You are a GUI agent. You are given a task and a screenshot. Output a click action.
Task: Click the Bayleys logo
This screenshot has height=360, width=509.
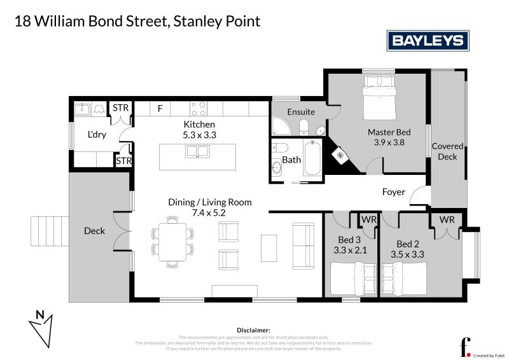[428, 41]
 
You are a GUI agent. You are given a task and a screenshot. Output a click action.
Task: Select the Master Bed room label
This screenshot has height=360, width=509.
[389, 132]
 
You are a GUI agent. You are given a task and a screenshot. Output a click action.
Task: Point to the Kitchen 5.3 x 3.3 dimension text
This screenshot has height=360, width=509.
[199, 135]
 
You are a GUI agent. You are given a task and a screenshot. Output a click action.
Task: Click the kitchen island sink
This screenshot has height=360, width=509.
[197, 151]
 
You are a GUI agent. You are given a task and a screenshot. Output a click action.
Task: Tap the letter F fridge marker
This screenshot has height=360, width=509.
[160, 109]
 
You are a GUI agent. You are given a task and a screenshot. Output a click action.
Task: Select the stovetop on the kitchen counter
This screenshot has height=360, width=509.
[199, 108]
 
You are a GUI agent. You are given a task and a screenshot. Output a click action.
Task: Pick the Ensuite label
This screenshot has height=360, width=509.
[301, 112]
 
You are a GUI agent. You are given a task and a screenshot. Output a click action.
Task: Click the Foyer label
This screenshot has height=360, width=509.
[393, 191]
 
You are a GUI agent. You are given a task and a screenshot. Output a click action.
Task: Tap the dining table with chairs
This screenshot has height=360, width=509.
[172, 240]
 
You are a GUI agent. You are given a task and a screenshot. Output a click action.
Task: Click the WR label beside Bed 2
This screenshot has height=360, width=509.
[447, 219]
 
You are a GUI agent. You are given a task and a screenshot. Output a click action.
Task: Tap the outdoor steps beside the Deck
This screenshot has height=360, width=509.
[49, 231]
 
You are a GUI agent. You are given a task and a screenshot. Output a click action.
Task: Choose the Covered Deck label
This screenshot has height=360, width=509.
[447, 151]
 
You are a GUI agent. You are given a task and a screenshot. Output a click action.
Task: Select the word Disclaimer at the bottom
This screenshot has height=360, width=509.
[254, 330]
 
